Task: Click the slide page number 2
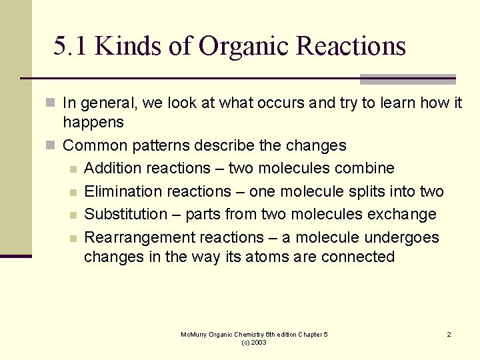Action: coord(449,334)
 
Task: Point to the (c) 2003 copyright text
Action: coord(254,342)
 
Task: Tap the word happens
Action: coord(93,122)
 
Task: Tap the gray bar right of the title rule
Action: coord(407,79)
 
